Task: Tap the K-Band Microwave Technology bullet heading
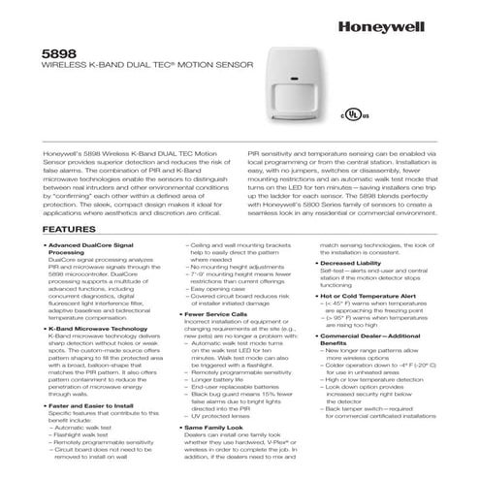click(x=87, y=329)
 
